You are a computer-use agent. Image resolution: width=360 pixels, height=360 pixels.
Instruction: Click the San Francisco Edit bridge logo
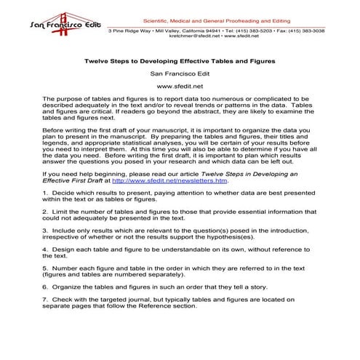[53, 22]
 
